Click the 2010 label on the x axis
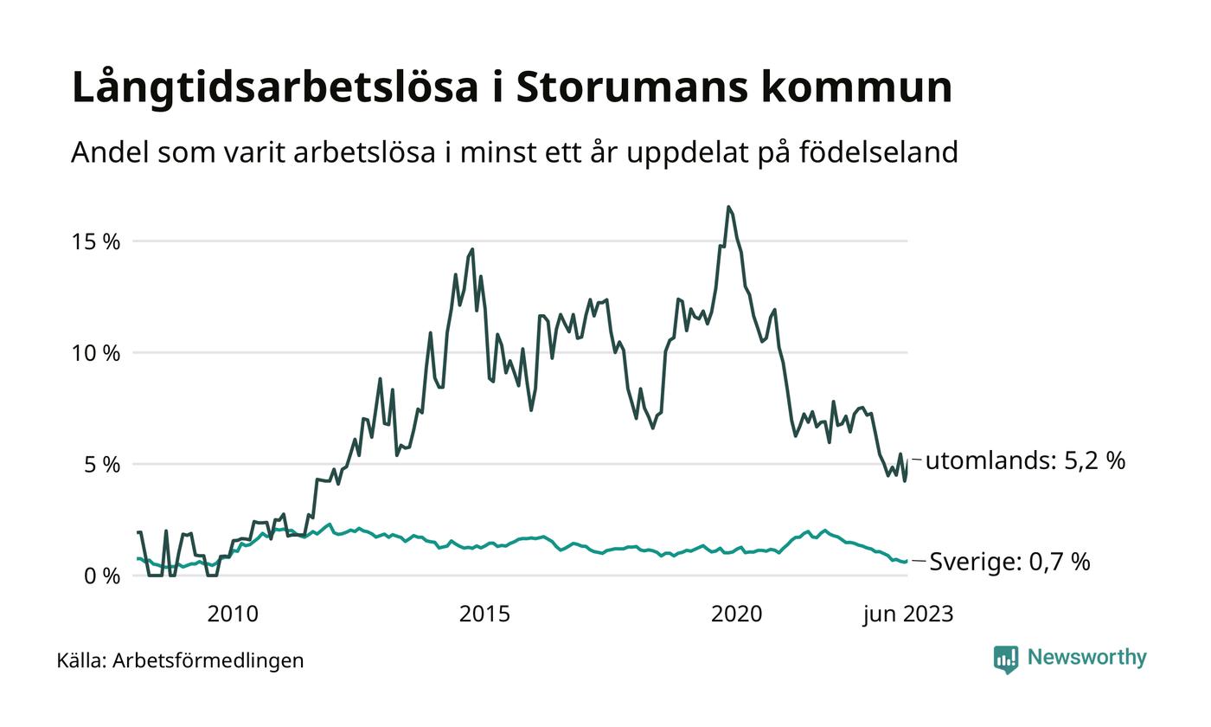pos(233,614)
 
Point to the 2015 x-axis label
pos(484,614)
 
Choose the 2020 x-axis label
pos(736,614)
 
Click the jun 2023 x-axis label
pos(908,614)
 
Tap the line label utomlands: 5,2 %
pos(1025,461)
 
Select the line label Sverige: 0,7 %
pos(1009,563)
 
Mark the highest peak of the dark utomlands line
pos(728,207)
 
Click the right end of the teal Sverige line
pos(907,562)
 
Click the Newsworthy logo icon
pos(1006,659)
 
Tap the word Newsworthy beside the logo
pos(1087,658)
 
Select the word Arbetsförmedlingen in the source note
pos(208,661)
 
